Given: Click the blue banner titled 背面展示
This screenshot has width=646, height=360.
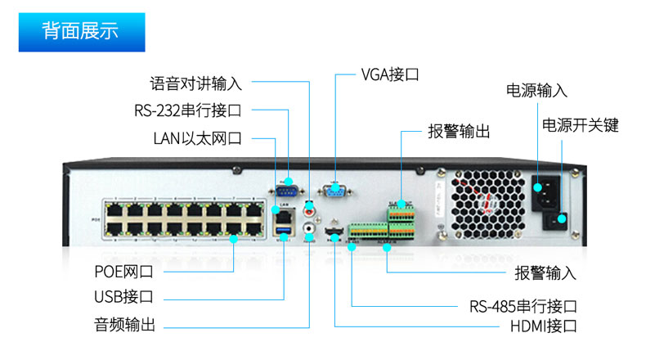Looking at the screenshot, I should tap(82, 32).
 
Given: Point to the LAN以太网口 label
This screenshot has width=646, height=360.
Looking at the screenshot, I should tap(197, 137).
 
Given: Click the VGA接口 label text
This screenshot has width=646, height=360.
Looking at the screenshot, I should tap(390, 74).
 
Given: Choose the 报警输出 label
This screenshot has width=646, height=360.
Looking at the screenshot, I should tap(459, 131).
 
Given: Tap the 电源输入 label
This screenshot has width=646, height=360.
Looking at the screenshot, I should tap(536, 90).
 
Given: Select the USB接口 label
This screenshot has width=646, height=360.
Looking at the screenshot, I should tap(123, 297).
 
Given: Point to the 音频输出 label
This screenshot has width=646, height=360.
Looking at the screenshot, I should tap(123, 323).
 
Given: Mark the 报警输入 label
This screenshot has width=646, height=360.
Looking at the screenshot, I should tap(545, 272).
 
